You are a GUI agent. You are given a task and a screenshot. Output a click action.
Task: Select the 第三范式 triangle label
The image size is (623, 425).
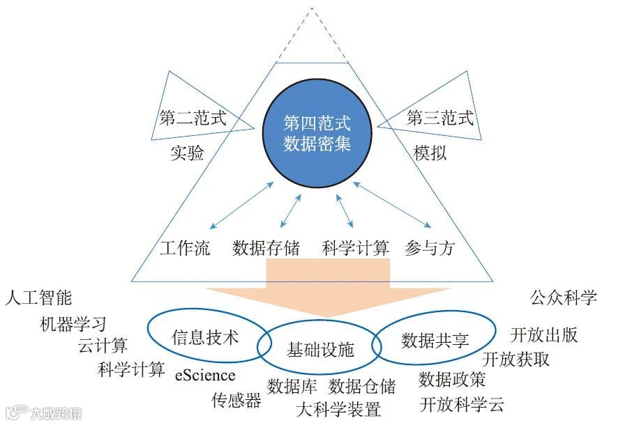440,118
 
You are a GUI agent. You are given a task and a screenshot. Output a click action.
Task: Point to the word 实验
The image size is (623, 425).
187,153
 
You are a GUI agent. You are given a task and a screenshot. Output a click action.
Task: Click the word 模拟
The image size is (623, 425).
430,153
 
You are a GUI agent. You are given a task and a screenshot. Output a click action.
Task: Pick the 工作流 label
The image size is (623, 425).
184,248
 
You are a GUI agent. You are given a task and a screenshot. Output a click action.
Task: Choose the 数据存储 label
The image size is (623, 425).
266,248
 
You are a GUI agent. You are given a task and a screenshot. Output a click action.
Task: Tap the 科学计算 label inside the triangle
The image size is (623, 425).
355,248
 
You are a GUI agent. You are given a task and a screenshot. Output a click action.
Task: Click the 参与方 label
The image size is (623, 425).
429,248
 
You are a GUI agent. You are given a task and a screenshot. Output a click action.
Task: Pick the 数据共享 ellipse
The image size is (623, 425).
435,340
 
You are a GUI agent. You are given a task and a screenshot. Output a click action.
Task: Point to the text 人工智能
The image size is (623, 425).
38,298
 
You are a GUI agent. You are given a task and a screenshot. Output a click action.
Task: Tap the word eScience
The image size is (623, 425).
205,376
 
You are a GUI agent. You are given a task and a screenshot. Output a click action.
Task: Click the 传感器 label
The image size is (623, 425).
237,400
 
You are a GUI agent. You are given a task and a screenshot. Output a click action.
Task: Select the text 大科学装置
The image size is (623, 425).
338,408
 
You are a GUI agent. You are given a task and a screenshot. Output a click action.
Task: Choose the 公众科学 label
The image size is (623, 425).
564,297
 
